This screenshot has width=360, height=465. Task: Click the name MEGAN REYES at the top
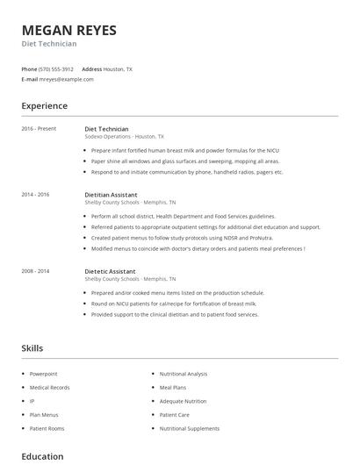pos(68,30)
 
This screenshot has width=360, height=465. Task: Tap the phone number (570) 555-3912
pos(56,68)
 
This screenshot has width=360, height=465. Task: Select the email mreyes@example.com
pos(66,79)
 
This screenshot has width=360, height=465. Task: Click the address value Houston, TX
pos(118,68)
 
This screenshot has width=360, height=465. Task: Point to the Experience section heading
pos(45,106)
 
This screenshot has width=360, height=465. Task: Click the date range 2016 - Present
pos(39,129)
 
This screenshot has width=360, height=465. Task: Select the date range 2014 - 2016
pos(35,194)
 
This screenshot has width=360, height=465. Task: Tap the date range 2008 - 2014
pos(35,271)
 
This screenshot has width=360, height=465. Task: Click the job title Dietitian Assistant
pos(111,194)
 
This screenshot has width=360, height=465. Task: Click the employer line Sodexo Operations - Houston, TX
pos(124,137)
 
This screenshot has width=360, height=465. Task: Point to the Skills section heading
pos(32,348)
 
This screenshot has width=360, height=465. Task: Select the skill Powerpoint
pos(44,373)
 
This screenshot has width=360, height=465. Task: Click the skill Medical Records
pos(49,387)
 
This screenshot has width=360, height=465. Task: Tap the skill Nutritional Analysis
pos(184,373)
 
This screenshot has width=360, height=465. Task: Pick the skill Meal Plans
pos(172,387)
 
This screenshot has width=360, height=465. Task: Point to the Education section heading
pos(42,456)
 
